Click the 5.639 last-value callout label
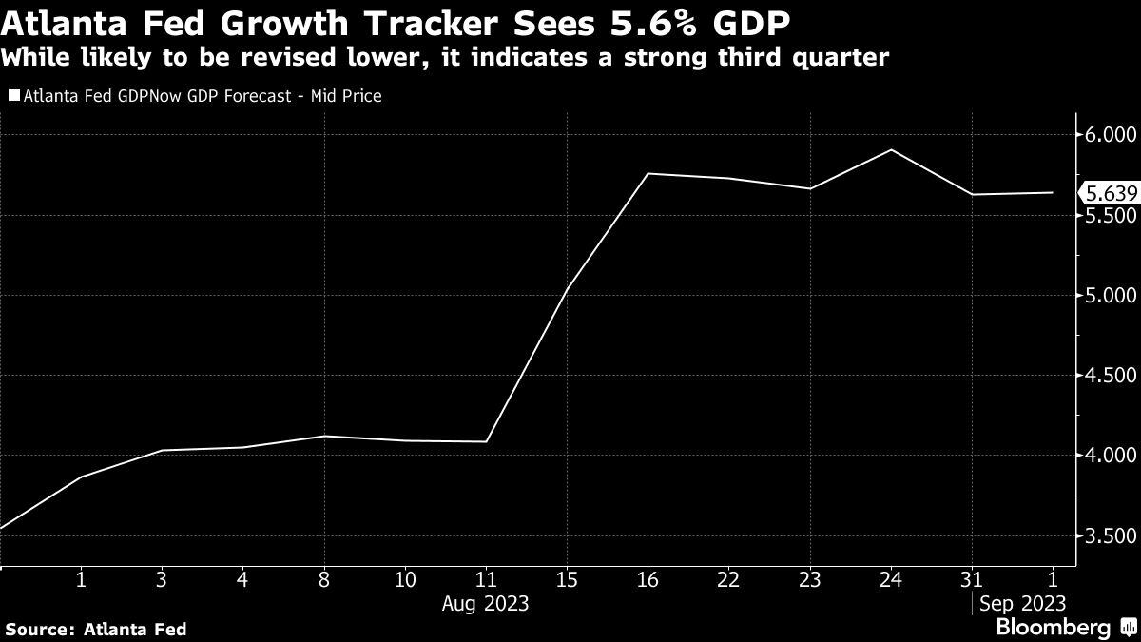pos(1109,193)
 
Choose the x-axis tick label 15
pos(567,578)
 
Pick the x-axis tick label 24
pos(891,578)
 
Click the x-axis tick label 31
pos(972,578)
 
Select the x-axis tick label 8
pos(324,578)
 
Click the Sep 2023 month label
pos(1022,604)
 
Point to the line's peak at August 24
pos(891,150)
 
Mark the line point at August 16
pos(648,173)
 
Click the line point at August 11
pos(486,441)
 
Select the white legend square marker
pos(13,96)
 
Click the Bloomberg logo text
pos(1053,628)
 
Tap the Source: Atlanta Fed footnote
pos(95,629)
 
